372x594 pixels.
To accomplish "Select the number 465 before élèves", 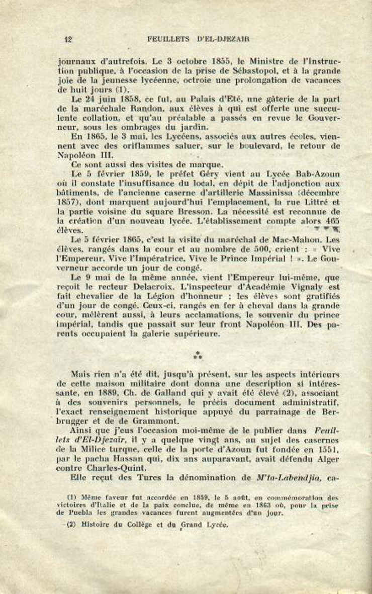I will tap(331, 220).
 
